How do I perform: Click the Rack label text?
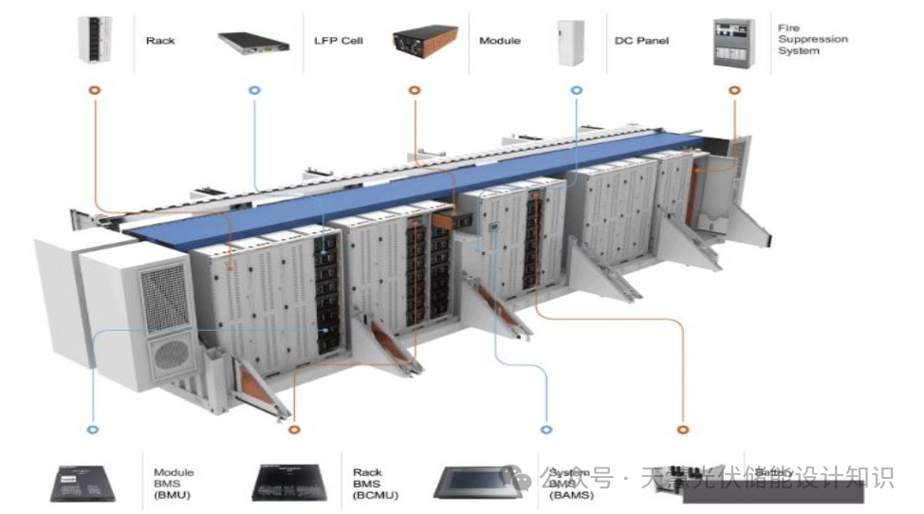160,41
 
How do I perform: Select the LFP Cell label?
339,41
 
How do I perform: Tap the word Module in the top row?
500,41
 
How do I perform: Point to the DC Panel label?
641,41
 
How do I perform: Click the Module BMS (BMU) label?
174,483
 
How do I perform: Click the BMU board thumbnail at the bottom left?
90,483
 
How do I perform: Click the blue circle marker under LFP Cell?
253,90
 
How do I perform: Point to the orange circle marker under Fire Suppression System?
733,90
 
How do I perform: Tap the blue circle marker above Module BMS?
93,429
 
